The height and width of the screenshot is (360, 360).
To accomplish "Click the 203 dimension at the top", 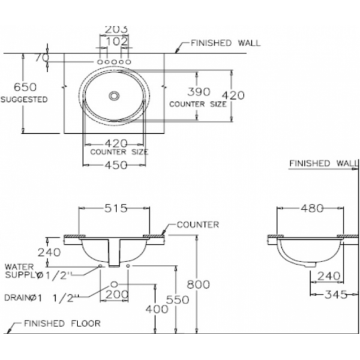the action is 116,29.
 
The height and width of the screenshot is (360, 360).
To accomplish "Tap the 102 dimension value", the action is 116,41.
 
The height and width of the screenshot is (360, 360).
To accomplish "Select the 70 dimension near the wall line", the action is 42,58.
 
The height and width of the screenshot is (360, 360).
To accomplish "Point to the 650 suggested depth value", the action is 25,87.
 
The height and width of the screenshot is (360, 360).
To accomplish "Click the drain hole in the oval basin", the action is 114,96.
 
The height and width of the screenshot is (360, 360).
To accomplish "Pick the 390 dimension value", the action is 199,92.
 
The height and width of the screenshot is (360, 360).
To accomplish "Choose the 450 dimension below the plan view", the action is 116,165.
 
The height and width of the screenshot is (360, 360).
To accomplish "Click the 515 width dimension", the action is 116,208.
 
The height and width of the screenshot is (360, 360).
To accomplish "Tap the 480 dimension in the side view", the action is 312,208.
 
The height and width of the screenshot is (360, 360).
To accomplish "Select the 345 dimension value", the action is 336,295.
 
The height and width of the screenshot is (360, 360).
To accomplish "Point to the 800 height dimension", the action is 199,284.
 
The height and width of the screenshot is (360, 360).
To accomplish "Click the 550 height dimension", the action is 178,300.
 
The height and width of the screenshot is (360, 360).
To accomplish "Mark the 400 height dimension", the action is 157,309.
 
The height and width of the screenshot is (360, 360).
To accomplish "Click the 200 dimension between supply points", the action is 117,295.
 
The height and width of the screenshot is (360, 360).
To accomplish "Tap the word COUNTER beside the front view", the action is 198,224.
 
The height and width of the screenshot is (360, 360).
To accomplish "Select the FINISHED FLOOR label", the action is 62,323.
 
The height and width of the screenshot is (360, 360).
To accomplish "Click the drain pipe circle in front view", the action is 114,284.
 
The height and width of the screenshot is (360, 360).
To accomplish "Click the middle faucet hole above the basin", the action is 114,62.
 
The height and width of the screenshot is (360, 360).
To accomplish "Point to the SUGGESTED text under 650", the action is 24,100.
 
